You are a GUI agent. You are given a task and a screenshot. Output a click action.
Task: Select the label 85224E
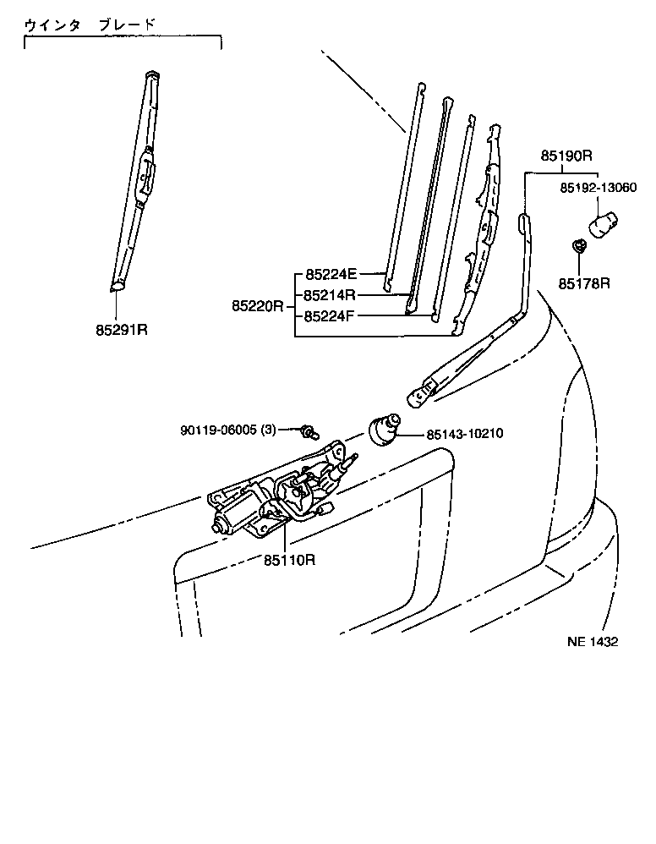(331, 274)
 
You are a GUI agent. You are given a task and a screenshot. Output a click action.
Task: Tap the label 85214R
(331, 296)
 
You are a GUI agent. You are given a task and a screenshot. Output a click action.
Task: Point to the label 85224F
(331, 318)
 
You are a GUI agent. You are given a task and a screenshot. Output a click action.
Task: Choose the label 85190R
(566, 156)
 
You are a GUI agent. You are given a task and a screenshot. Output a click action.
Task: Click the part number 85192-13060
(598, 188)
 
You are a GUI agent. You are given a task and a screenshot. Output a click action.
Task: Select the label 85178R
(583, 283)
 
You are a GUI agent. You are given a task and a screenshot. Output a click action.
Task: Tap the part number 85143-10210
(465, 434)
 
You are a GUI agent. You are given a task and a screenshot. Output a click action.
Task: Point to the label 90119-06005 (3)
(228, 430)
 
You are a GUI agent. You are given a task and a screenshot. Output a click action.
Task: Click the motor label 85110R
(289, 560)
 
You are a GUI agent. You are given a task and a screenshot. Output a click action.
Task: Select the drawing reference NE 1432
(592, 642)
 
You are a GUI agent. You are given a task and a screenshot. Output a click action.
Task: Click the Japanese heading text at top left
(90, 25)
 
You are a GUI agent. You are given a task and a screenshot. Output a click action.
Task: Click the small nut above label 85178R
(578, 248)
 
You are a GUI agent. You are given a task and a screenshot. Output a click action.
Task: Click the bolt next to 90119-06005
(309, 433)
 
